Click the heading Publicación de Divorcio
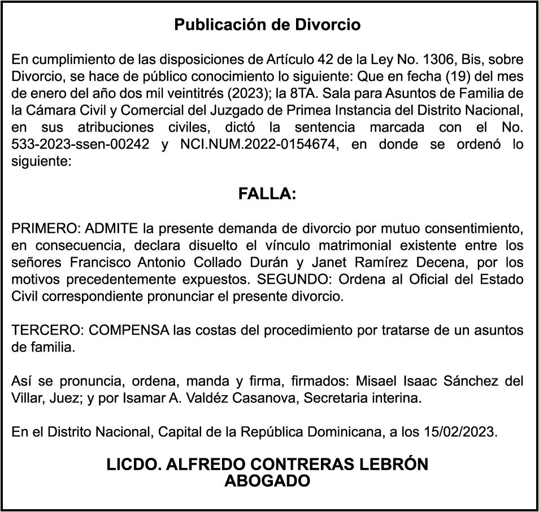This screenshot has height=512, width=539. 267,25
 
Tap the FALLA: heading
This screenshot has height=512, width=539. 267,194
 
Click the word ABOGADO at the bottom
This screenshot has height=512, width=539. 267,481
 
